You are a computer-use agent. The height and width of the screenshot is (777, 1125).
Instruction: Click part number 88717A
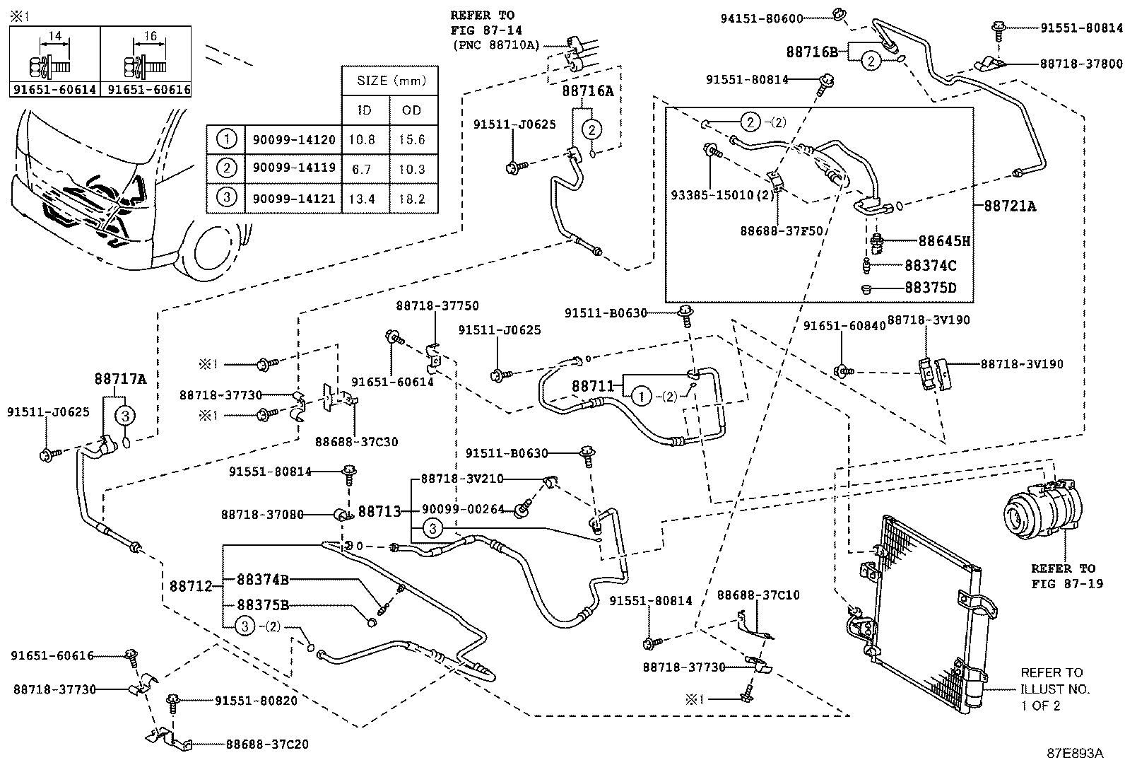(x=120, y=379)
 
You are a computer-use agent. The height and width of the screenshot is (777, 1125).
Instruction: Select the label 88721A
(x=1010, y=206)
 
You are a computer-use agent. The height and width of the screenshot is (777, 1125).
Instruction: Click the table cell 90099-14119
(x=294, y=170)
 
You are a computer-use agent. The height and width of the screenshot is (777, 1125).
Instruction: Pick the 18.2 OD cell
(x=412, y=199)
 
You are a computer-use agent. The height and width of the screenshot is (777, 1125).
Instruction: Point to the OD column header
(x=412, y=110)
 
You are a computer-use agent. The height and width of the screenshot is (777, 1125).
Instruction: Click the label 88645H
(x=944, y=241)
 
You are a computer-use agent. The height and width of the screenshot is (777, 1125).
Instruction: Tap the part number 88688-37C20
(x=267, y=744)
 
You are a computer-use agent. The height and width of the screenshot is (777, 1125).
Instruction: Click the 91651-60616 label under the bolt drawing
(x=146, y=90)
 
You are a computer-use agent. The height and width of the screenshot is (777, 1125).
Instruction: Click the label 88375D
(x=931, y=288)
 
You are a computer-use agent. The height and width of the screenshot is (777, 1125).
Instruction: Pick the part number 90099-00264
(x=464, y=509)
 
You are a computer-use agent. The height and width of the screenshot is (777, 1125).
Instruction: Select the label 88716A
(x=588, y=91)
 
